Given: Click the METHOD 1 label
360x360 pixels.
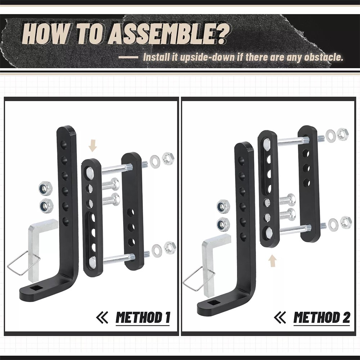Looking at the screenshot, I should tap(143, 318).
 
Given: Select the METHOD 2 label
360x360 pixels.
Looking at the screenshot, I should tap(321, 318).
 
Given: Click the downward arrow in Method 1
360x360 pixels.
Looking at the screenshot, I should tap(93, 146).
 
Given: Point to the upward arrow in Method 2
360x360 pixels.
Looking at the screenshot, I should tap(272, 260).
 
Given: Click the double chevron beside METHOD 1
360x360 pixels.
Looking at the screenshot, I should tap(102, 318).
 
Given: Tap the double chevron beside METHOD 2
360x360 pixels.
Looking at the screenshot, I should tap(280, 318).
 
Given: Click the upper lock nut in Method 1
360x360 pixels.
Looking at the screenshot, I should tap(46, 188).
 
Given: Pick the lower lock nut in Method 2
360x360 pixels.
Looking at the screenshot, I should tap(223, 224).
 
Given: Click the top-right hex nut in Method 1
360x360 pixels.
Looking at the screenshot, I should tap(168, 158).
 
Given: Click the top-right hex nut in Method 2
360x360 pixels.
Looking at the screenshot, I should tap(342, 134).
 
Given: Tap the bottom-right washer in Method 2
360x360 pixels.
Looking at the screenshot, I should tap(333, 225).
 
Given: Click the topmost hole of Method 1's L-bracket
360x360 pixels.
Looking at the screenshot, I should tap(64, 146).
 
